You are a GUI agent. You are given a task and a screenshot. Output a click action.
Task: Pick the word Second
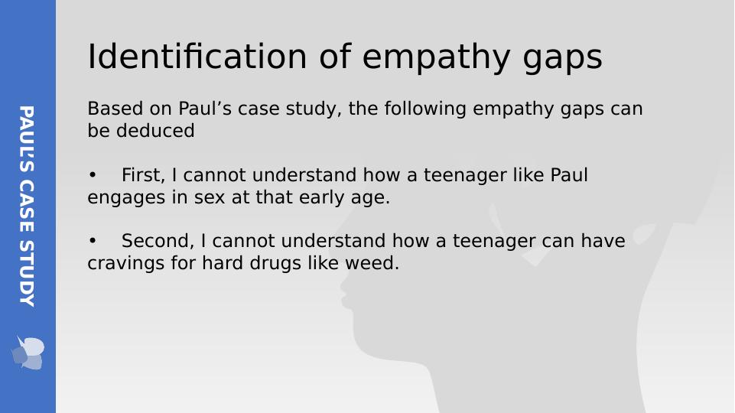[x=158, y=242]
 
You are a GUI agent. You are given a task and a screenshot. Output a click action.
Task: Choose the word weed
[x=375, y=264]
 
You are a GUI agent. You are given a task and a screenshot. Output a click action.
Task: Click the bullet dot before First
[x=93, y=176]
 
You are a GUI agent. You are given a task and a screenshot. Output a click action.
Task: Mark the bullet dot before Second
[x=93, y=242]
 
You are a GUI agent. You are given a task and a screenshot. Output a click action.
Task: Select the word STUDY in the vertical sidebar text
[x=27, y=272]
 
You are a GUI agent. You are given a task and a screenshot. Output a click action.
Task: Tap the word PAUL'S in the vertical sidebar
[x=27, y=138]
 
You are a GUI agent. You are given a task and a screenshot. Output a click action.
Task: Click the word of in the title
[x=333, y=57]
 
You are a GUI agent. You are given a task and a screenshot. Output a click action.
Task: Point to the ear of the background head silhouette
[x=644, y=233]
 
